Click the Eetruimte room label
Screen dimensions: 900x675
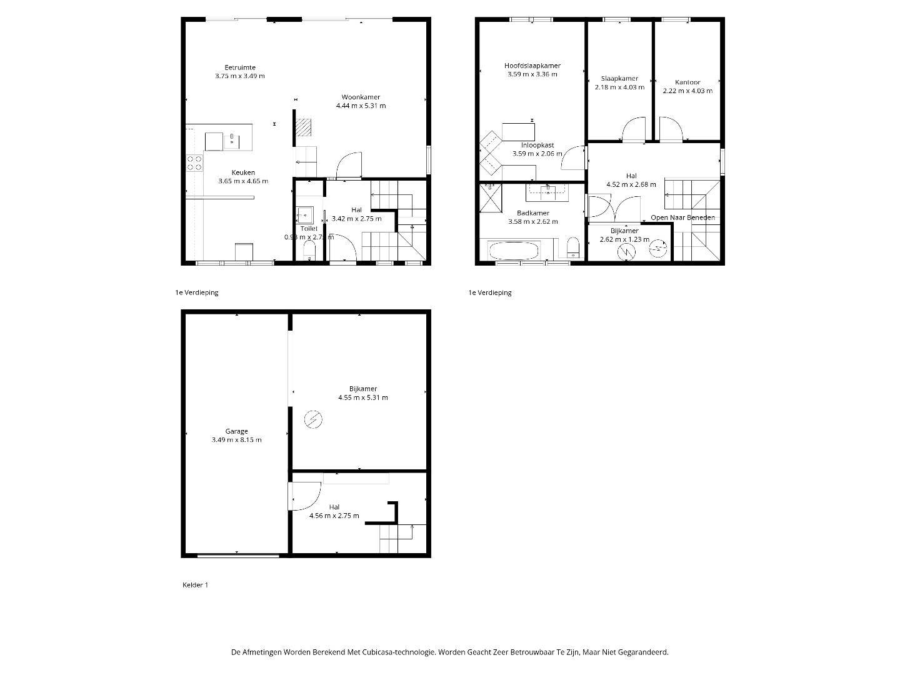point(240,67)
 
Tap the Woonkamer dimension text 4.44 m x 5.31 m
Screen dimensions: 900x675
point(361,106)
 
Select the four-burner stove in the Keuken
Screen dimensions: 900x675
point(194,162)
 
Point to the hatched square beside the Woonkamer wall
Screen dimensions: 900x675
point(303,127)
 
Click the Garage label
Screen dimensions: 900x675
point(237,431)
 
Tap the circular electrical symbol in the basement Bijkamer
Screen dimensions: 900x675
point(313,419)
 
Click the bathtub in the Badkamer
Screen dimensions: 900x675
point(513,251)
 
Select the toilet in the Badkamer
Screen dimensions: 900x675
point(572,247)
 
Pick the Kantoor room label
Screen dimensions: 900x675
point(687,82)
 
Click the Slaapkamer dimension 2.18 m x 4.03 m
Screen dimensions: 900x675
point(619,87)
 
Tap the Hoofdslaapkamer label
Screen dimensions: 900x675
point(532,66)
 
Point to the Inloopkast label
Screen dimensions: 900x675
point(537,145)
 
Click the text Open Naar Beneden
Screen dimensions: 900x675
point(682,217)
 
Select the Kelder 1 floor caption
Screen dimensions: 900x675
point(195,585)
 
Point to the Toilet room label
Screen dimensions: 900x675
point(309,229)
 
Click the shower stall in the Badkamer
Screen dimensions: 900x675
point(491,198)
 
